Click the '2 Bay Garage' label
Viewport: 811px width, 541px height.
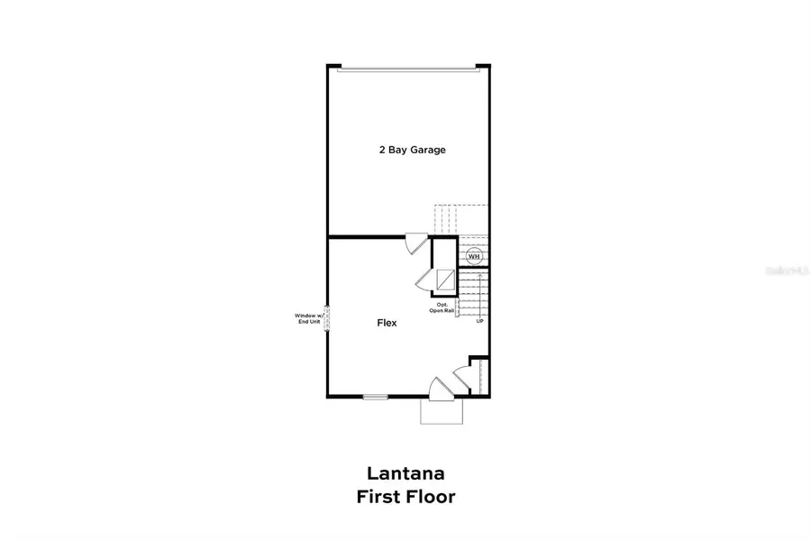pos(412,150)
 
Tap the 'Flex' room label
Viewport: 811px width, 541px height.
pos(387,322)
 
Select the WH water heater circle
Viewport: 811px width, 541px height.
pos(474,256)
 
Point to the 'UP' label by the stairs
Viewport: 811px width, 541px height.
pos(479,321)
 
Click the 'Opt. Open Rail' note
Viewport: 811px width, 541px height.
pos(442,307)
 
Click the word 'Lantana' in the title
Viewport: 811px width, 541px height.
pos(405,472)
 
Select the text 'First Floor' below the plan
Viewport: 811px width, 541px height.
pos(405,496)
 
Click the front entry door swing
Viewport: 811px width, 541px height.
pos(439,389)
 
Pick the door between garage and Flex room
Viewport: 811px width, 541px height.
pos(415,244)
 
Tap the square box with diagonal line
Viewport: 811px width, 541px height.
pos(444,280)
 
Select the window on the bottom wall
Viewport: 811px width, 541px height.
pos(376,397)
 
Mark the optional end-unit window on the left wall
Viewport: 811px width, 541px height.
pos(327,318)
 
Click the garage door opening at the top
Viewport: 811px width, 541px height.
pos(407,66)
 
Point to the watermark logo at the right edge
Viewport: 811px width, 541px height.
pos(782,270)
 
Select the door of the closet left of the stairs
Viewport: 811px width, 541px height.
pos(424,279)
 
